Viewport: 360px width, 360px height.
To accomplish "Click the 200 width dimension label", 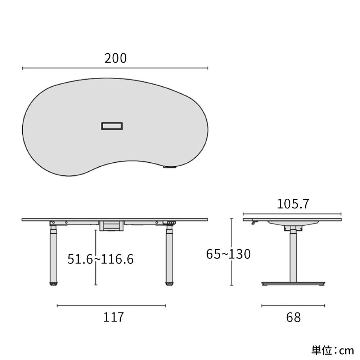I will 116,58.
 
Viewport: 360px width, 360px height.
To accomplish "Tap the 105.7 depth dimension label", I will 293,204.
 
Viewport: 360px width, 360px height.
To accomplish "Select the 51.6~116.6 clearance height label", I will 100,259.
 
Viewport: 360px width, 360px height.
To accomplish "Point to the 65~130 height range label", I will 228,254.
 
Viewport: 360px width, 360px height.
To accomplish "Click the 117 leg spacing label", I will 114,317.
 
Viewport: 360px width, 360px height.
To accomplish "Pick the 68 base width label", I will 293,317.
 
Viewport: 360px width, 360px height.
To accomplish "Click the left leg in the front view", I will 53,254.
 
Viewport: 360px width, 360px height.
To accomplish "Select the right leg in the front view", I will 169,254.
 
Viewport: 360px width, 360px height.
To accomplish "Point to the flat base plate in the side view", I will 293,283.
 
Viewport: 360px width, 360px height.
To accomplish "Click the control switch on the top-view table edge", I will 170,167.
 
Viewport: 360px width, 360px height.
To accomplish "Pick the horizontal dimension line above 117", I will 111,306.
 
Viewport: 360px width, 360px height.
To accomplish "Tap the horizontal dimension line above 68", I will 293,306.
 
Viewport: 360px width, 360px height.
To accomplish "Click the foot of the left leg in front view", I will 53,284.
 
